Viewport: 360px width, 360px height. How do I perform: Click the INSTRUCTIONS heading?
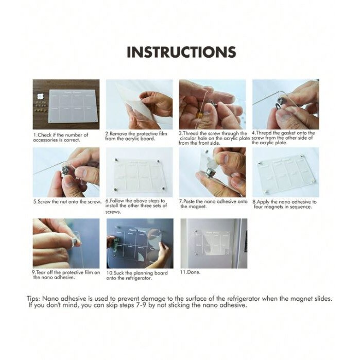tap(181, 53)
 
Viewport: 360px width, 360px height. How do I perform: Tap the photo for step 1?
tap(66, 104)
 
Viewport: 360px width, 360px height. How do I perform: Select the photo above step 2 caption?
tap(139, 104)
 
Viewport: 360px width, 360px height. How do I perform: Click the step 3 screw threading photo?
tap(212, 104)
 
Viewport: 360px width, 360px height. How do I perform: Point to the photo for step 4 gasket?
tap(285, 104)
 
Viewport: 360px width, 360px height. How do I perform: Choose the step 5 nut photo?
tap(66, 173)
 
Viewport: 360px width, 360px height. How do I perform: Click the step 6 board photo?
tap(139, 173)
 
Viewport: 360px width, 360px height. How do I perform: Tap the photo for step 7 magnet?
tap(212, 173)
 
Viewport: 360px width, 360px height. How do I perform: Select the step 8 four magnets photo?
tap(285, 173)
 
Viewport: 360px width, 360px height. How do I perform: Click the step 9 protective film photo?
tap(66, 243)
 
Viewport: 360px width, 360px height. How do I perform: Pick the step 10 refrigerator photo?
tap(139, 243)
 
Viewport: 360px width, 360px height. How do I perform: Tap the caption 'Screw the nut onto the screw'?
tap(67, 201)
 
